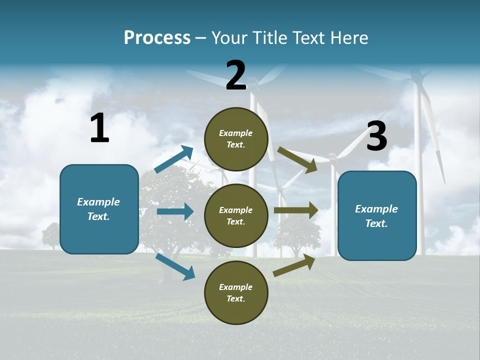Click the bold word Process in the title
click(157, 38)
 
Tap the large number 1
click(99, 128)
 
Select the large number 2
click(236, 75)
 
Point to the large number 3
click(376, 137)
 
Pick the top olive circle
click(236, 139)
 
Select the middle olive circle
click(236, 215)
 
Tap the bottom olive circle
click(236, 292)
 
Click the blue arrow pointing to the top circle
click(174, 159)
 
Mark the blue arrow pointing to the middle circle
click(175, 211)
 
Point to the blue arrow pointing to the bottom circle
click(175, 266)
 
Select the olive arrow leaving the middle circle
click(296, 210)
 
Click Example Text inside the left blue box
click(98, 209)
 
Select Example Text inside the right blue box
click(376, 216)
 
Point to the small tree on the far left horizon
click(51, 234)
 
